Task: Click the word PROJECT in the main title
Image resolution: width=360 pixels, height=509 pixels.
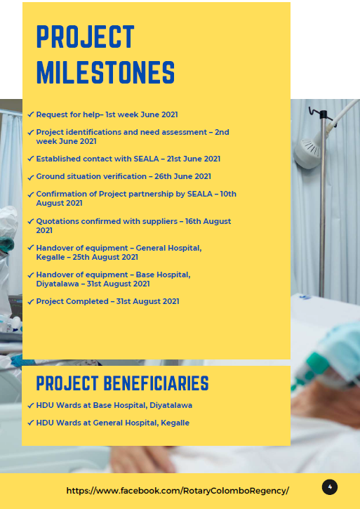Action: pos(85,37)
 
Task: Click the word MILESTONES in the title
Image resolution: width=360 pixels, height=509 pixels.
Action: pos(105,72)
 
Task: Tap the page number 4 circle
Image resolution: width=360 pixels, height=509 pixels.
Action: pos(330,487)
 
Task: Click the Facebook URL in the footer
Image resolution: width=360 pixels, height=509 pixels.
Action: pos(178,491)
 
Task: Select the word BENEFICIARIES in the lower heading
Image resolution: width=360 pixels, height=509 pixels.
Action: pos(156,383)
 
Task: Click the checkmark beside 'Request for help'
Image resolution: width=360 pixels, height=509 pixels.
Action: pos(30,114)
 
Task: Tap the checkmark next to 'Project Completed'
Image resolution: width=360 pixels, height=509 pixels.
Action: pos(30,302)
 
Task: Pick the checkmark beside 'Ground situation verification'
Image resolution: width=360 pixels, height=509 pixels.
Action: pos(30,177)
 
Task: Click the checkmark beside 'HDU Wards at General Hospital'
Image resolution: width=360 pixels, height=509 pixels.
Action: pos(30,423)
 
